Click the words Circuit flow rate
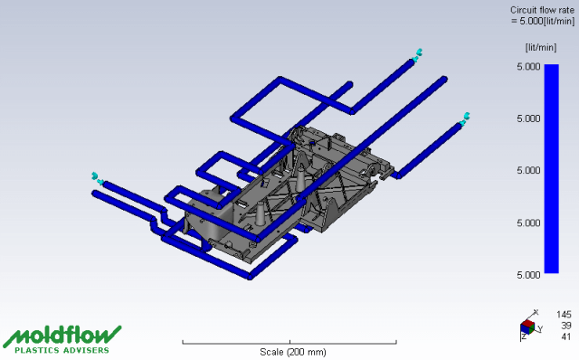pyautogui.click(x=542, y=10)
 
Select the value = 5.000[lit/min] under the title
pyautogui.click(x=543, y=21)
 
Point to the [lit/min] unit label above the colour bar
pyautogui.click(x=541, y=47)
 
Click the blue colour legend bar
pyautogui.click(x=551, y=169)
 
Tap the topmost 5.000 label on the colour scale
pyautogui.click(x=528, y=66)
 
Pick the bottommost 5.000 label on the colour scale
pyautogui.click(x=528, y=275)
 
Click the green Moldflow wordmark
pyautogui.click(x=62, y=336)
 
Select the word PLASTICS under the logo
pyautogui.click(x=37, y=350)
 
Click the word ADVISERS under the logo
pyautogui.click(x=86, y=350)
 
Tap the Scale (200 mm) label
pyautogui.click(x=293, y=352)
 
